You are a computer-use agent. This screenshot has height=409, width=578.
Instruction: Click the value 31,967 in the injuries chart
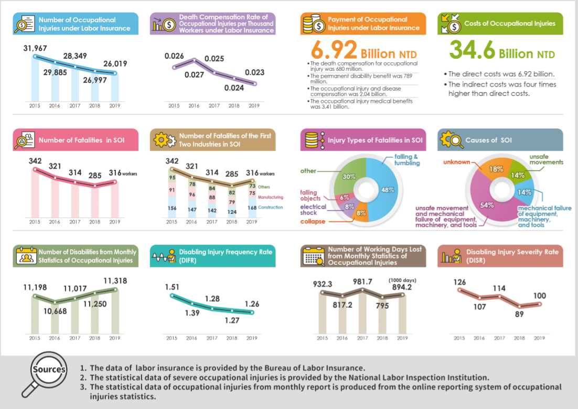35,49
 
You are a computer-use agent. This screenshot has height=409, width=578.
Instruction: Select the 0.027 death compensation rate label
194,74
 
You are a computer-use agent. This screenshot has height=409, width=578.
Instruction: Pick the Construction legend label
271,207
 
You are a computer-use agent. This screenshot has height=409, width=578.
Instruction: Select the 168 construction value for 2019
252,207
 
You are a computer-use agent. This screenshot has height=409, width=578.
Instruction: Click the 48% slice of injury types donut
388,190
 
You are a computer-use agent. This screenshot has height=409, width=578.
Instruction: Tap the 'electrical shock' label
313,210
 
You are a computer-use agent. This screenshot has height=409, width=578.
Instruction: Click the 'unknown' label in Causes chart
456,162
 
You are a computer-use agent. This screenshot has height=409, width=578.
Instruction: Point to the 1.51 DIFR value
172,287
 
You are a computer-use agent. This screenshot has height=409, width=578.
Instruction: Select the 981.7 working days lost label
362,282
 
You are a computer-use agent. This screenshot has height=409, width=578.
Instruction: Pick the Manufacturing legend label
271,197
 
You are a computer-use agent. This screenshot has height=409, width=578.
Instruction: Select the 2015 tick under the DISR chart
459,338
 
